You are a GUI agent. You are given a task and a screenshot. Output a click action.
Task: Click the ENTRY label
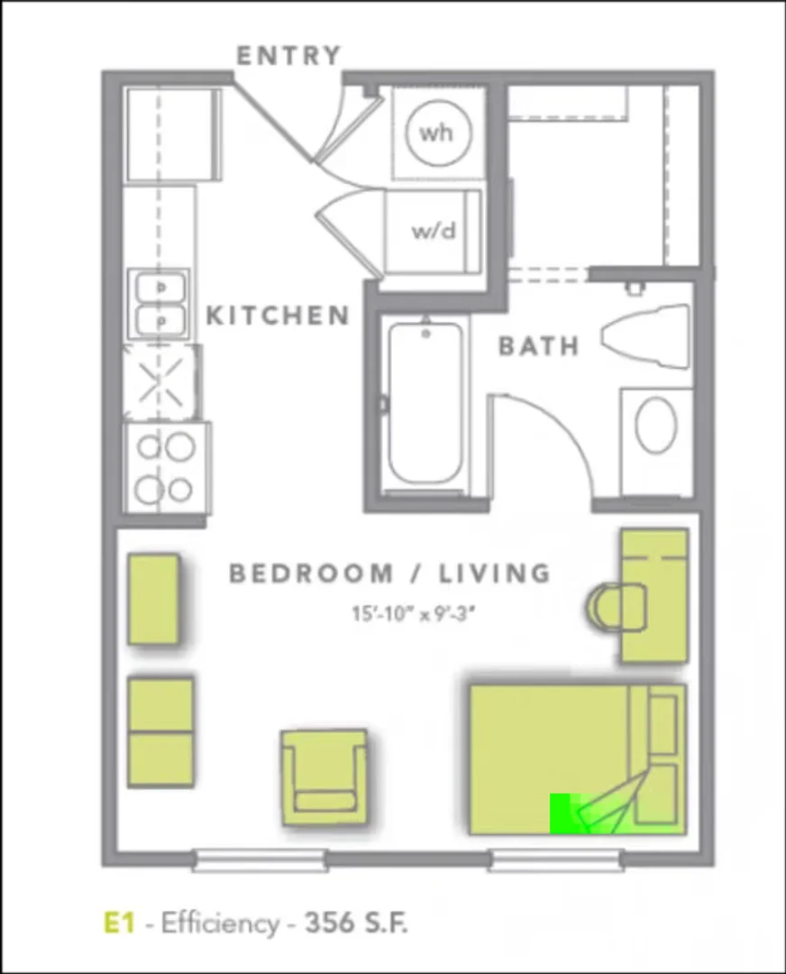pos(288,55)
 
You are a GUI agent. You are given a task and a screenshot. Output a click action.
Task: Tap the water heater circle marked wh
pos(438,133)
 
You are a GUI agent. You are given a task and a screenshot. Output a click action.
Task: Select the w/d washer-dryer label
pos(434,231)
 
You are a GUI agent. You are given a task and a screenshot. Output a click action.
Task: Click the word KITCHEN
pos(277,316)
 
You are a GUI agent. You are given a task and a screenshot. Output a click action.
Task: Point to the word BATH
pos(539,346)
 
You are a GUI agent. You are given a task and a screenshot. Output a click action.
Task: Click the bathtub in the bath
pos(426,404)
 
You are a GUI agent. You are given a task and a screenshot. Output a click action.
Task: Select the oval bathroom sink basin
pos(656,426)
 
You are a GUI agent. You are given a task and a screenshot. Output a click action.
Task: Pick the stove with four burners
pos(167,468)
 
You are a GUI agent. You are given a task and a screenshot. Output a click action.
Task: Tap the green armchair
pos(324,777)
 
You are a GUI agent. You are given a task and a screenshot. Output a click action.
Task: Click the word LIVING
pos(495,574)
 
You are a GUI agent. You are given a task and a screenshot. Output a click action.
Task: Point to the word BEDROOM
pos(310,573)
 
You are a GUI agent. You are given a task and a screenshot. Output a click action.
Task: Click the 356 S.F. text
pos(356,923)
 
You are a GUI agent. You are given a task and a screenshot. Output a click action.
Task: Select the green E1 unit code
pos(119,923)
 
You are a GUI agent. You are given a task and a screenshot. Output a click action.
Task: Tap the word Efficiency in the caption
pos(221,923)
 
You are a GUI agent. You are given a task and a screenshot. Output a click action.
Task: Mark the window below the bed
pos(556,860)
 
